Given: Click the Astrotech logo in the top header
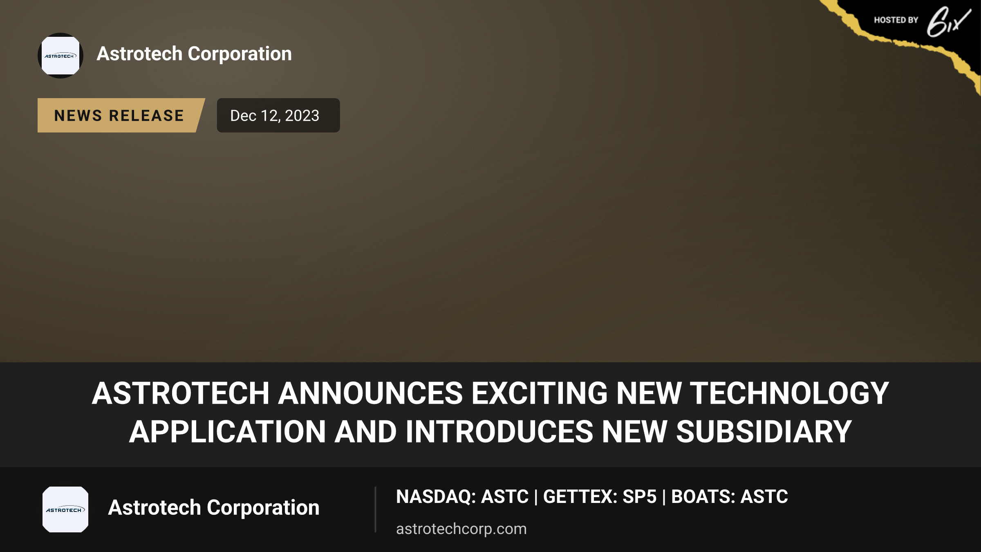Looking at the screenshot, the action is (60, 56).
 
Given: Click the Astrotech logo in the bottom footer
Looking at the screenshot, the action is (65, 509).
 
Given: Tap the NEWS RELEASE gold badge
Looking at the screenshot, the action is (121, 115).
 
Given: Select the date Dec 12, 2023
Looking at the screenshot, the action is (275, 116).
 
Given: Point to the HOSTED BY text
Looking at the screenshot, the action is (896, 20).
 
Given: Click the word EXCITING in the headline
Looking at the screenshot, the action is (540, 393).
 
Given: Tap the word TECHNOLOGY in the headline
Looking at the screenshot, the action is (789, 393).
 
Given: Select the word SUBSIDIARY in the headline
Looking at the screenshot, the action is (764, 432).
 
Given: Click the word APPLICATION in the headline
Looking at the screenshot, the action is (228, 432).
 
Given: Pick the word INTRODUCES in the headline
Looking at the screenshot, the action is (499, 432).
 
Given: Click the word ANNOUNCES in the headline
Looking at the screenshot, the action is (370, 393).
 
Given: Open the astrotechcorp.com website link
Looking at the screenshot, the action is (461, 529).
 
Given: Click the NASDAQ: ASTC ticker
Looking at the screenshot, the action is (462, 497).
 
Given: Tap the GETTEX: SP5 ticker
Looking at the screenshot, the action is (600, 497).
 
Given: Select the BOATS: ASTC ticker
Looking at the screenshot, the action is (730, 497).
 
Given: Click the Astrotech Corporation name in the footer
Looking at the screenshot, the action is (214, 508).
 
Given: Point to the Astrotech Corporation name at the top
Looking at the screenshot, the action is (194, 54).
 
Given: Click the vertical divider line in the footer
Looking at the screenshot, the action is (375, 509).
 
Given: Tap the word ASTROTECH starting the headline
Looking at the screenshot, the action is (181, 393).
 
